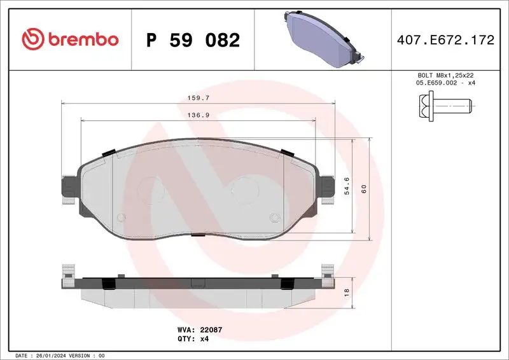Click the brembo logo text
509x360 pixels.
pyautogui.click(x=81, y=39)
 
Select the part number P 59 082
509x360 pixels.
pyautogui.click(x=193, y=40)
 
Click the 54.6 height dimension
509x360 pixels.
pyautogui.click(x=347, y=189)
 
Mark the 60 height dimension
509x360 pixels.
pyautogui.click(x=364, y=190)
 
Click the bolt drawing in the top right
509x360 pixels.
pyautogui.click(x=445, y=104)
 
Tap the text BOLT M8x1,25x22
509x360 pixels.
pyautogui.click(x=445, y=75)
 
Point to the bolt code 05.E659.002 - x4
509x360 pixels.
pyautogui.click(x=445, y=83)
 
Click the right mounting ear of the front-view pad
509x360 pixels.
pyautogui.click(x=328, y=188)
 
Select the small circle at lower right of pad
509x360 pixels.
pyautogui.click(x=274, y=219)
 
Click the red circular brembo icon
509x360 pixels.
pyautogui.click(x=32, y=39)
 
